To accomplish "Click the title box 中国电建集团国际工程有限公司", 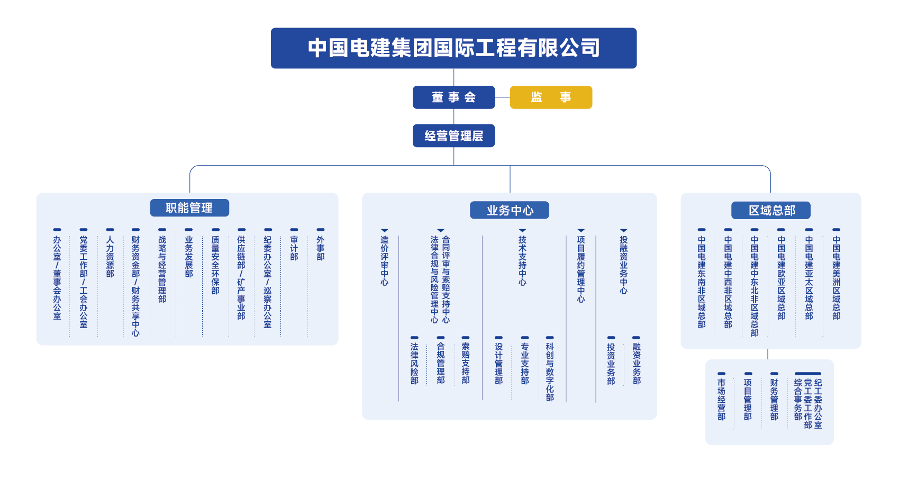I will coord(453,48).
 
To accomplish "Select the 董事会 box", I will coord(453,97).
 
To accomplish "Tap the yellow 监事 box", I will coord(550,97).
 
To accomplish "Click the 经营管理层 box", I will coord(453,136).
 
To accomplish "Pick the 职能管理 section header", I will coord(189,208).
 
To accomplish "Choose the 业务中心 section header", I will coord(509,210).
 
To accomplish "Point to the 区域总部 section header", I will coord(770,210).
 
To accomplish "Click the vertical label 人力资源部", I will coord(110,257).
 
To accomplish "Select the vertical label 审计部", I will coord(294,248).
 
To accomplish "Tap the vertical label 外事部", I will coord(320,248).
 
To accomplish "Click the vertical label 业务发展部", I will coord(189,257).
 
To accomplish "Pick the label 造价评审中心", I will coord(385,261).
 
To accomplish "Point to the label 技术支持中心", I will coord(522,261).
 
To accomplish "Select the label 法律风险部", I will coord(414,364).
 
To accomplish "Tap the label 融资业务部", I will coord(637,364).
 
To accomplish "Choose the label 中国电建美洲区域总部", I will coord(836,278).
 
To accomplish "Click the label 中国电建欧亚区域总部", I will coord(781,278).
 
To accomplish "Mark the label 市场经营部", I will coord(721,400).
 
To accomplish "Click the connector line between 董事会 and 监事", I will coord(502,97).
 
